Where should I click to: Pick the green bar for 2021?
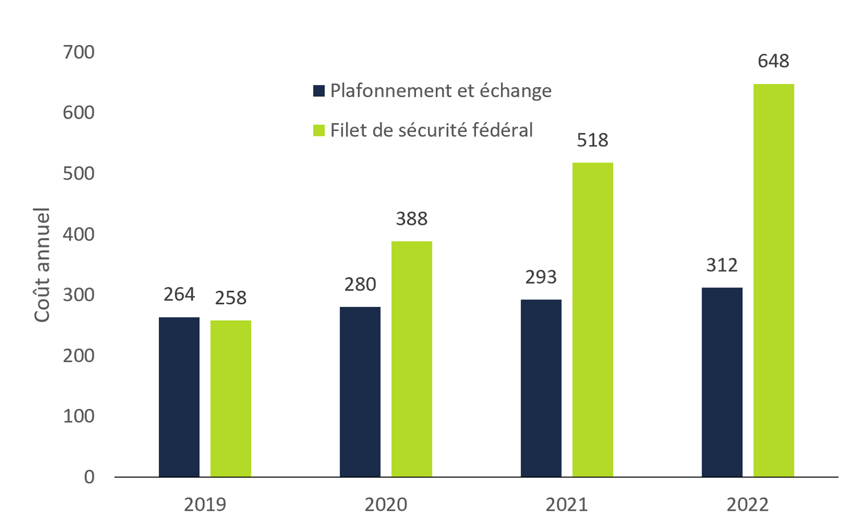[x=592, y=319]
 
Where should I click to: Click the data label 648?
[x=774, y=61]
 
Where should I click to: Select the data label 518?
[x=592, y=140]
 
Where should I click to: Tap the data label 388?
[x=411, y=219]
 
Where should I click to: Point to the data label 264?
[x=179, y=294]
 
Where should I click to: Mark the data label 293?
[x=541, y=277]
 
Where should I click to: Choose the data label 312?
[x=722, y=265]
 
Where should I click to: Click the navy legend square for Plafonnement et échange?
[x=319, y=91]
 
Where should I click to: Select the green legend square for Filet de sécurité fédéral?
[x=319, y=131]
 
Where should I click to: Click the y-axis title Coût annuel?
[x=42, y=265]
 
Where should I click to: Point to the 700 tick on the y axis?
[x=79, y=52]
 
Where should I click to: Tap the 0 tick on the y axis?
[x=89, y=477]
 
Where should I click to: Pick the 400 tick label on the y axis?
[x=79, y=234]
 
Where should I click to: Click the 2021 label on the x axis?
[x=567, y=505]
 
